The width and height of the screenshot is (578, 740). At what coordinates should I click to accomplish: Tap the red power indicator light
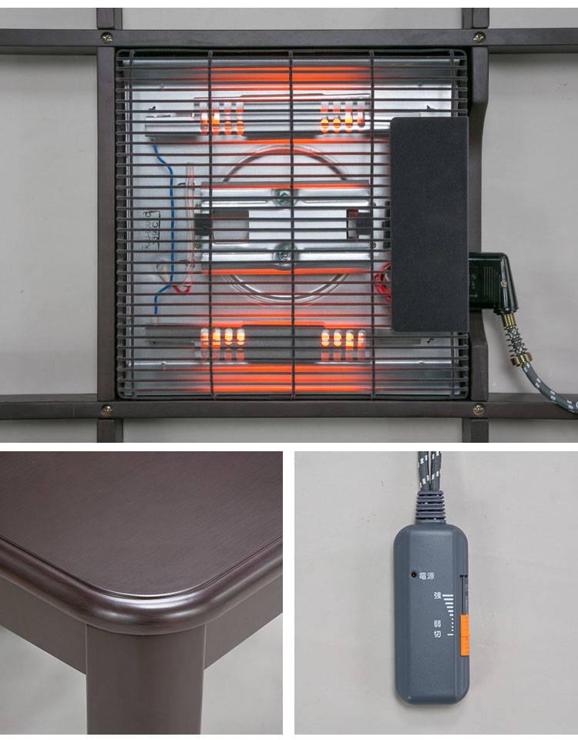pyautogui.click(x=414, y=574)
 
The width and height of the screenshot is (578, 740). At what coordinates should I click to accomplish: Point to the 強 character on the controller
pyautogui.click(x=437, y=595)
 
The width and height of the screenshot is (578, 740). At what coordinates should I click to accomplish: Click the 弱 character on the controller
pyautogui.click(x=438, y=624)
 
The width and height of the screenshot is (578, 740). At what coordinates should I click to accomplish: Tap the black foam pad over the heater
pyautogui.click(x=428, y=223)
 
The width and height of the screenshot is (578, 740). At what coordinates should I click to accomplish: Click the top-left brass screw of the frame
pyautogui.click(x=106, y=37)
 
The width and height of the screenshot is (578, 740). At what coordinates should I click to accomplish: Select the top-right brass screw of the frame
pyautogui.click(x=479, y=37)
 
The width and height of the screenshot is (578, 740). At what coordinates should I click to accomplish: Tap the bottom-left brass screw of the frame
pyautogui.click(x=106, y=410)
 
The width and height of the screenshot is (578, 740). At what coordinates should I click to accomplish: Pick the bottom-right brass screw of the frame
pyautogui.click(x=479, y=409)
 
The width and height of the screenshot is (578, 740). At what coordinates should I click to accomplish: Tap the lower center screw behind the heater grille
pyautogui.click(x=286, y=249)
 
